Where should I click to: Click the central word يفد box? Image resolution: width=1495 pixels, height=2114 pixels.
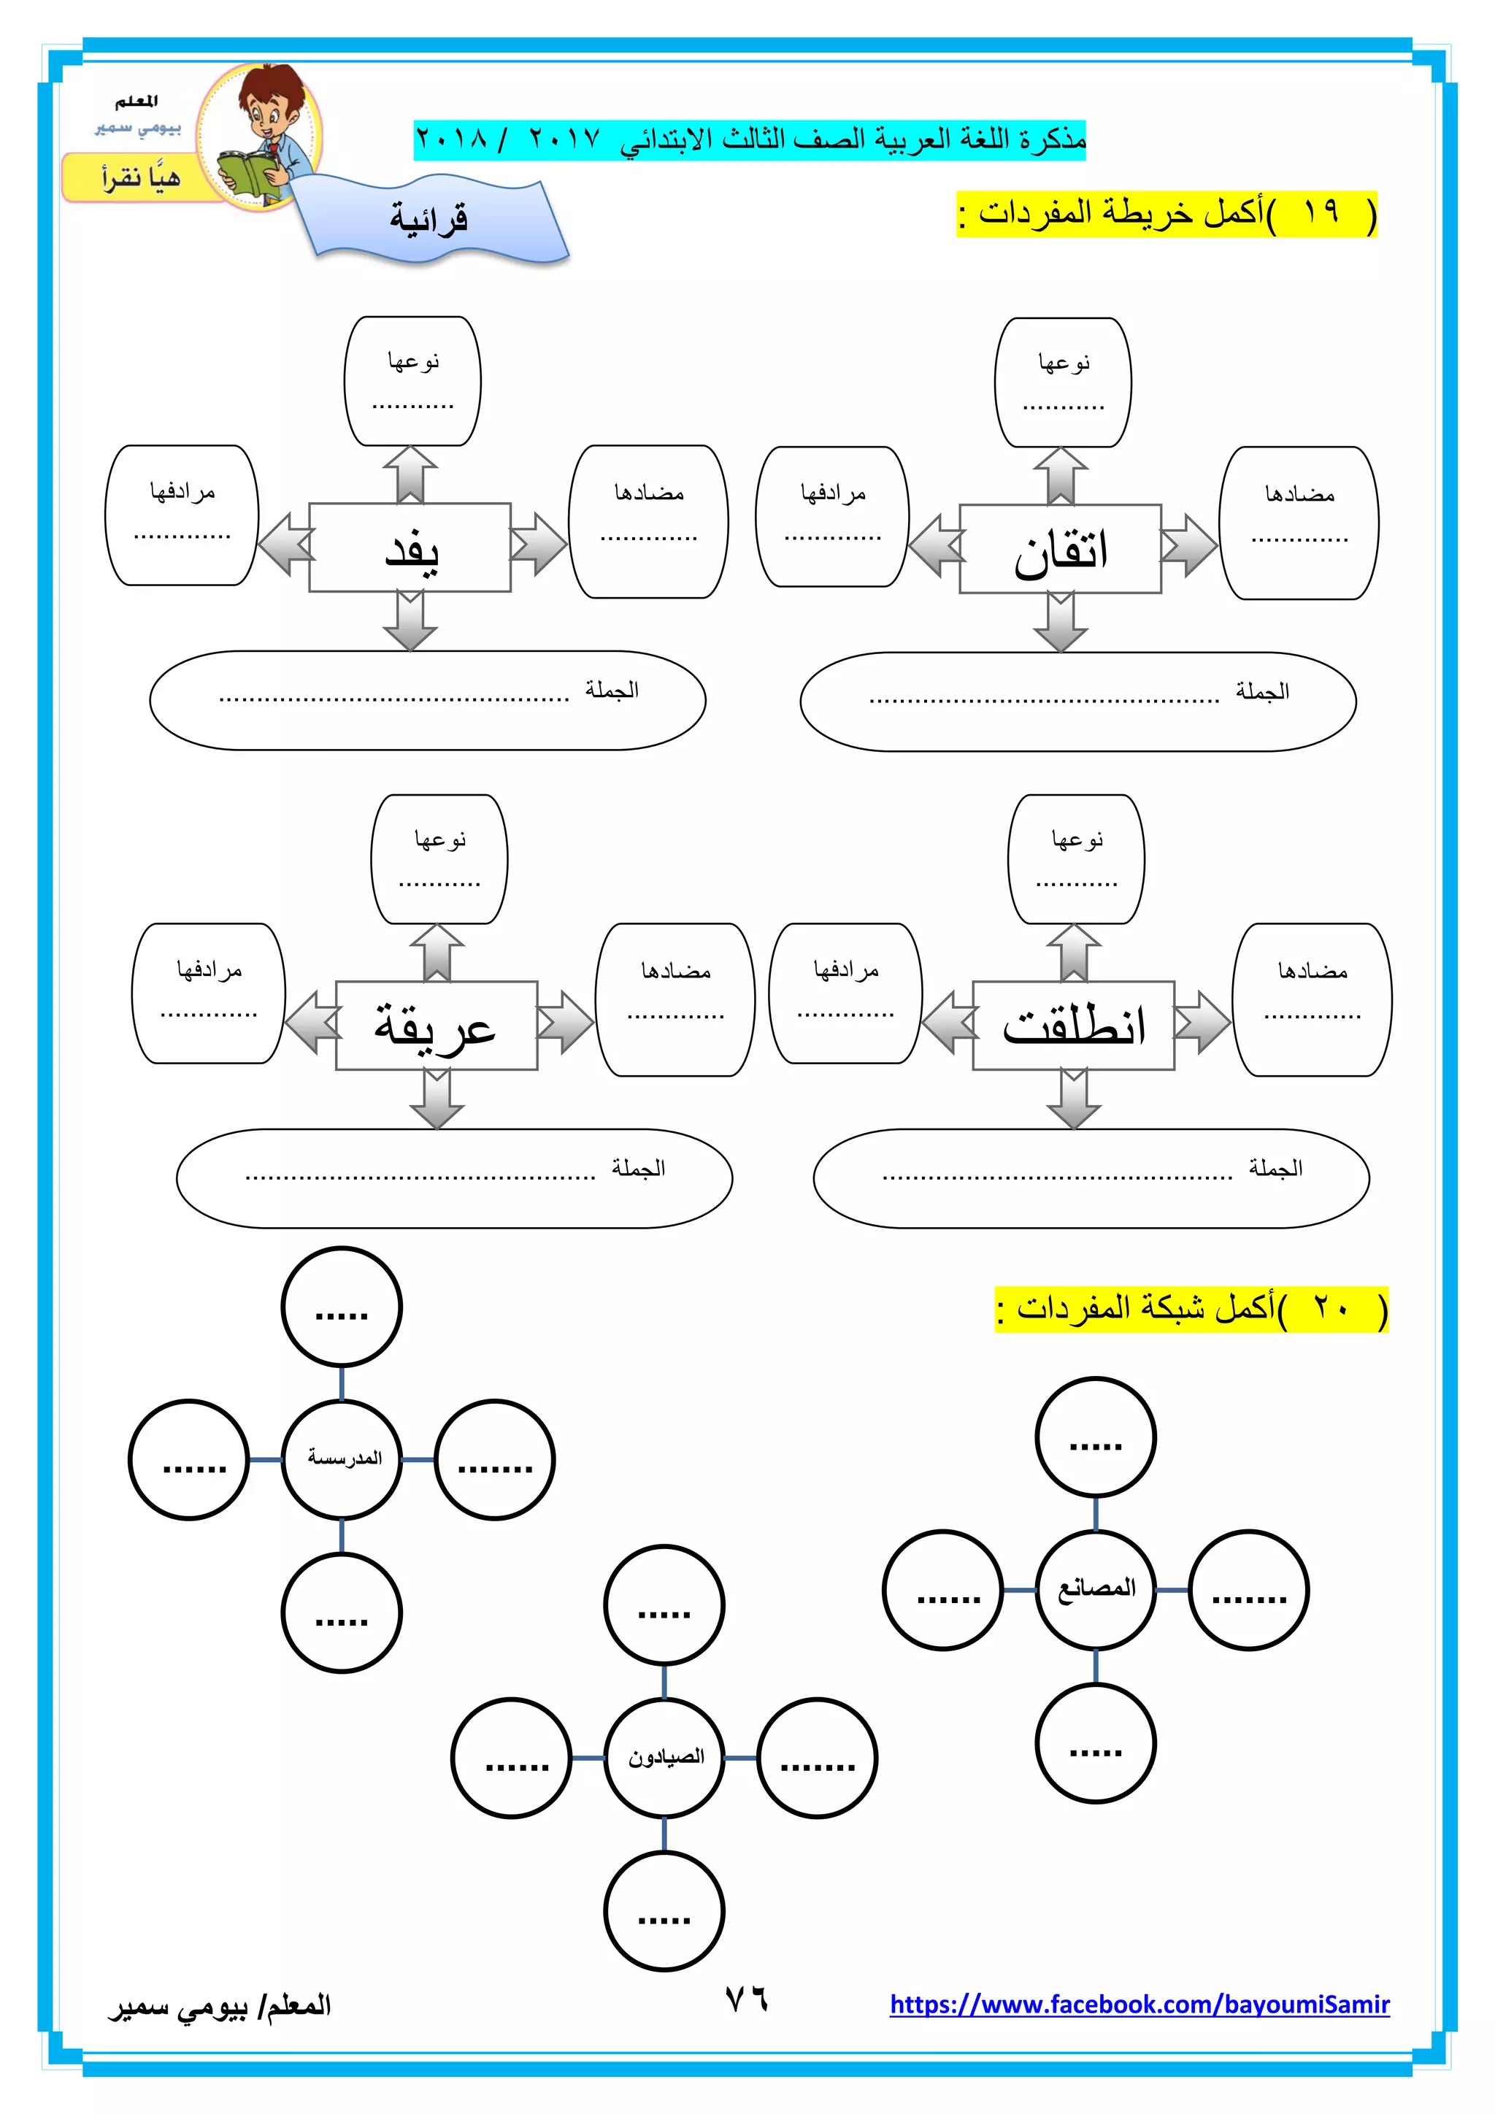[410, 547]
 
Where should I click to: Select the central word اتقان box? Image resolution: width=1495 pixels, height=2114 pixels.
[1060, 550]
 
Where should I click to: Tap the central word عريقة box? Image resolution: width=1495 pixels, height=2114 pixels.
[437, 1026]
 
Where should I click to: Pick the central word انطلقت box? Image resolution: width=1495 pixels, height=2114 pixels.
[1073, 1026]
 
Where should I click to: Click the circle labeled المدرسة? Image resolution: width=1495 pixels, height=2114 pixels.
[342, 1459]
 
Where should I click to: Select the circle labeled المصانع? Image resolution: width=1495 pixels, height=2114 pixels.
[1096, 1589]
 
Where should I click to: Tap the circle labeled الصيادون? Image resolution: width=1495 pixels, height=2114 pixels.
[665, 1758]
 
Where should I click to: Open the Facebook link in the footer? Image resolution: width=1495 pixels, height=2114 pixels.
[1139, 2005]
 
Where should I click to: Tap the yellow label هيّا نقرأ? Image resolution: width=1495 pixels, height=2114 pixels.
[140, 177]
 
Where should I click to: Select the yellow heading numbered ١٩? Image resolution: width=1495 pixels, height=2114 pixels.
[1167, 214]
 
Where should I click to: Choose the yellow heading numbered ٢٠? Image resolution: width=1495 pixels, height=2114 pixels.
[1191, 1308]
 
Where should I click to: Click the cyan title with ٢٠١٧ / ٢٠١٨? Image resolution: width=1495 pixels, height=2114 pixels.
[750, 140]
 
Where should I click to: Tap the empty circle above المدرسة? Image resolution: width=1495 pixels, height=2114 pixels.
[342, 1307]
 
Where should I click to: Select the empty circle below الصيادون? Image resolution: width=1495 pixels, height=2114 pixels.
[665, 1912]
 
